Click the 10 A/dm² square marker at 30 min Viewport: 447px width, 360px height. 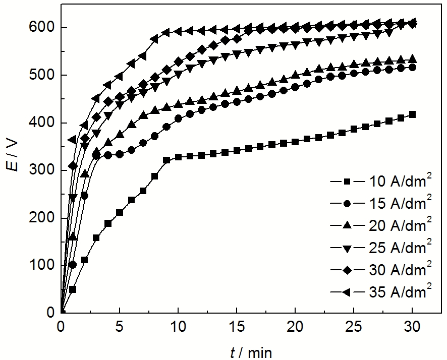[x=412, y=114]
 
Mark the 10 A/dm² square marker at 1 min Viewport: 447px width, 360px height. [x=73, y=289]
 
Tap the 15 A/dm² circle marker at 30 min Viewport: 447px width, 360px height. [x=412, y=67]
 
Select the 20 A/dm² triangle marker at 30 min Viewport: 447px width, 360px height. [x=412, y=59]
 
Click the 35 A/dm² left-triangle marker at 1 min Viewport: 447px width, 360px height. [x=72, y=139]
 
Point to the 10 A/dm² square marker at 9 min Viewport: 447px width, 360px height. [x=166, y=160]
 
